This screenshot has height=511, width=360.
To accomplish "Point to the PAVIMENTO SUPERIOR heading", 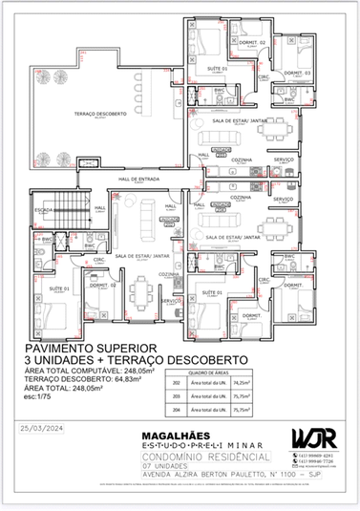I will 88,351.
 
